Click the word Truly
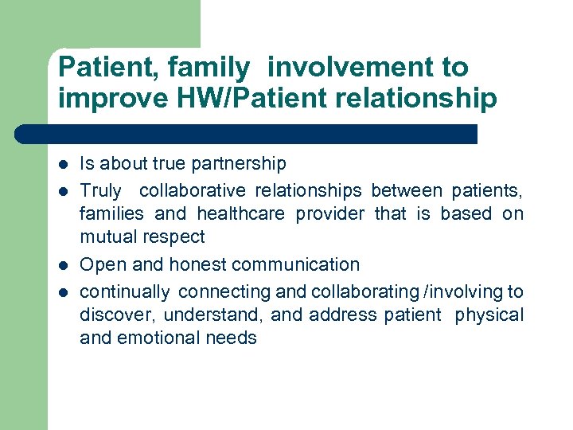(101, 191)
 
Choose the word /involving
(469, 291)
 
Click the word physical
(489, 315)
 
